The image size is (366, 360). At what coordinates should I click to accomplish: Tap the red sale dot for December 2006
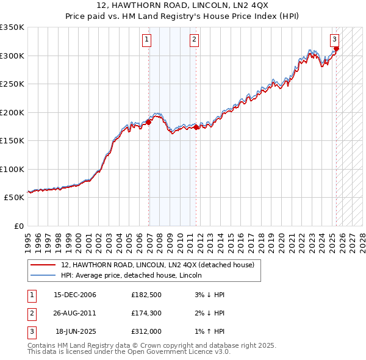[x=148, y=122]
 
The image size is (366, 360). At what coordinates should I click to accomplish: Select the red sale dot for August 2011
[x=196, y=127]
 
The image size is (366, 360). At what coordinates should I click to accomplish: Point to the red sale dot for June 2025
[x=336, y=49]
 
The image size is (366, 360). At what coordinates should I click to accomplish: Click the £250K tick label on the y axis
[x=12, y=84]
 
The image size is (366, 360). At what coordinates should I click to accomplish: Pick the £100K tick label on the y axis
[x=12, y=169]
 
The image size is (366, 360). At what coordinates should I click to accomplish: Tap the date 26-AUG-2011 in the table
[x=75, y=314]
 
